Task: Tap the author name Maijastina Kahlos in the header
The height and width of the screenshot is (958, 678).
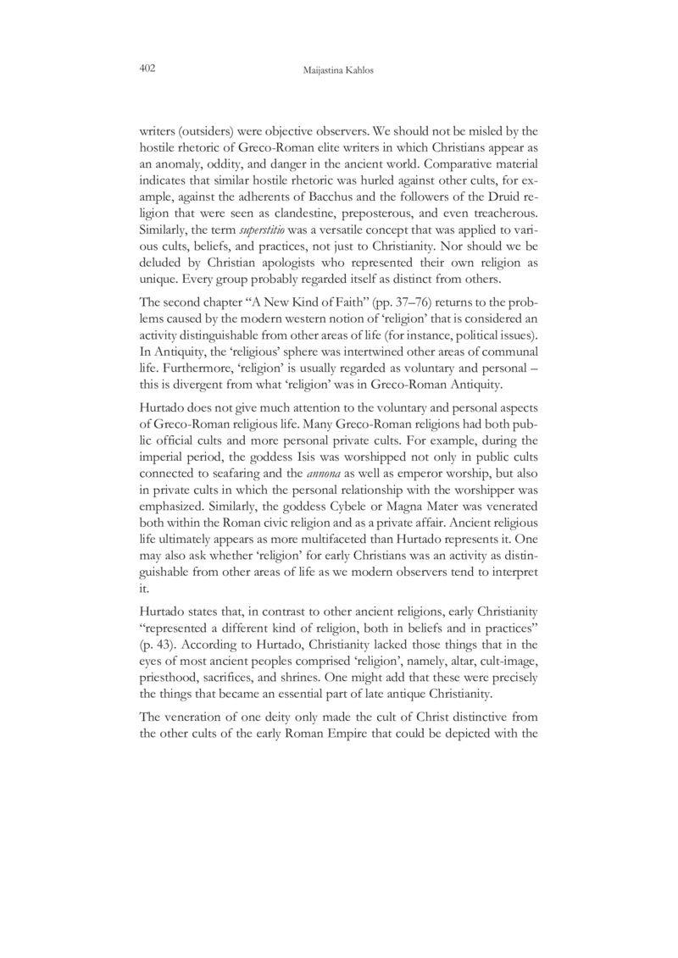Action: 338,69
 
